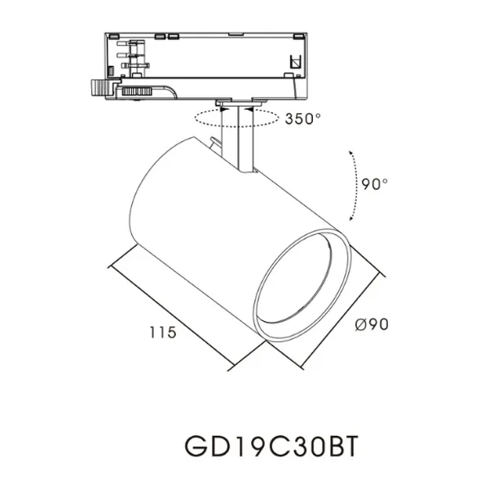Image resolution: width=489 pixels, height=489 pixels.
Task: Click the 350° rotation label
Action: point(303,118)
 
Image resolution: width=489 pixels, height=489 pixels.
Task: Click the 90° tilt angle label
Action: point(374,184)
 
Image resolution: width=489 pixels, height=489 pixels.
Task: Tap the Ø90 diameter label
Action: point(372,324)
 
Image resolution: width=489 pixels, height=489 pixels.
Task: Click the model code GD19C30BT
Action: point(272,447)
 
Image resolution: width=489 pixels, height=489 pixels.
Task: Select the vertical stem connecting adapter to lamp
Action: point(242,139)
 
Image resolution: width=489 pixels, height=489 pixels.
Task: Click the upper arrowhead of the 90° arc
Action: point(351,153)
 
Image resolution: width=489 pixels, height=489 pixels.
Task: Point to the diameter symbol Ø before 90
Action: point(360,324)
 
